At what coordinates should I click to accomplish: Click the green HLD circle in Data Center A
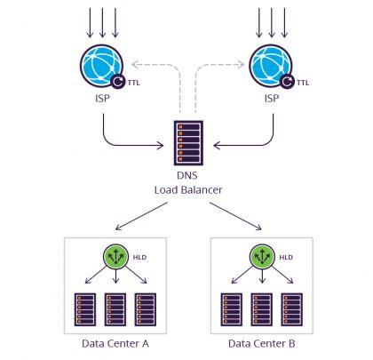click(115, 257)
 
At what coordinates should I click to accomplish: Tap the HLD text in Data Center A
click(139, 257)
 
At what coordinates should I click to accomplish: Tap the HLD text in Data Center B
click(285, 257)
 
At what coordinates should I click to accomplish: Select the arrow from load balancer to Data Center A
click(143, 215)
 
